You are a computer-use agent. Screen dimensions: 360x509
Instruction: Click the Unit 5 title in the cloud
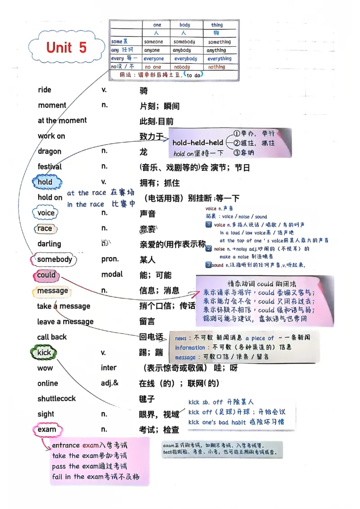click(66, 48)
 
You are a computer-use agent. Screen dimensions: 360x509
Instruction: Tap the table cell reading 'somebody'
click(184, 42)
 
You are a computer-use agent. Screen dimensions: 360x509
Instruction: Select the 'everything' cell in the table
click(219, 58)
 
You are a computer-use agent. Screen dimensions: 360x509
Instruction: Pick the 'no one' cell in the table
click(153, 67)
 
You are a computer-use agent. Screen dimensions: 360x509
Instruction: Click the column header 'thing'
click(217, 25)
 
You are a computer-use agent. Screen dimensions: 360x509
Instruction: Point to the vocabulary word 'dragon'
click(49, 152)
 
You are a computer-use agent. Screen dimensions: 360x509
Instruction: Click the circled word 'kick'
click(44, 353)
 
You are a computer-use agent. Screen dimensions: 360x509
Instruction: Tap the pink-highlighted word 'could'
click(46, 275)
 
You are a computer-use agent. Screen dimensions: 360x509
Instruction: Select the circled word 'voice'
click(46, 213)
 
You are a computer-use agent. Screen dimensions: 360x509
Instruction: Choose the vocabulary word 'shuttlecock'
click(57, 398)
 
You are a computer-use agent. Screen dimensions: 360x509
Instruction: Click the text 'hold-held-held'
click(198, 143)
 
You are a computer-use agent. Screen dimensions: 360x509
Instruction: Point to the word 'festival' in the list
click(50, 167)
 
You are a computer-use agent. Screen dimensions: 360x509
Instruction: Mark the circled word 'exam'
click(47, 429)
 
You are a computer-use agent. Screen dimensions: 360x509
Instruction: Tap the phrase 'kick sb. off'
click(209, 402)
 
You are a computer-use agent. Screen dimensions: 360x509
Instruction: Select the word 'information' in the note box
click(190, 348)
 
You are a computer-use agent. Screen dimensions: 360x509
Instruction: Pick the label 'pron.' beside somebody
click(110, 259)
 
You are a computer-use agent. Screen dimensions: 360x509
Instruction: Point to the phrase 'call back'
click(52, 337)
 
